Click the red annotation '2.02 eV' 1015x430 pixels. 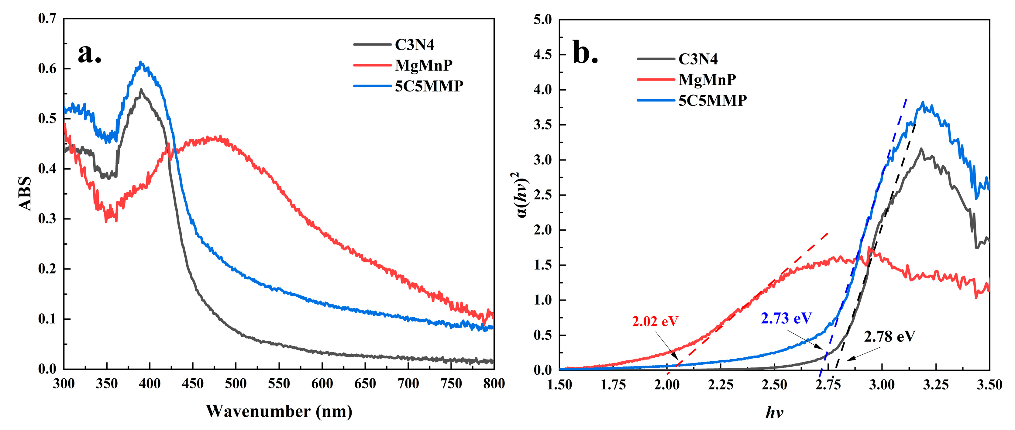(x=655, y=322)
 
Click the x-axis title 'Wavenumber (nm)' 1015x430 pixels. (x=279, y=411)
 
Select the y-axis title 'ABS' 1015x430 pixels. (x=25, y=194)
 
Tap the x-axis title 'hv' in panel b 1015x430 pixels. (x=774, y=413)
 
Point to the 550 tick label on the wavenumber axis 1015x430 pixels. (x=279, y=384)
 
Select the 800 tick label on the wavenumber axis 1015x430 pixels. (x=494, y=384)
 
